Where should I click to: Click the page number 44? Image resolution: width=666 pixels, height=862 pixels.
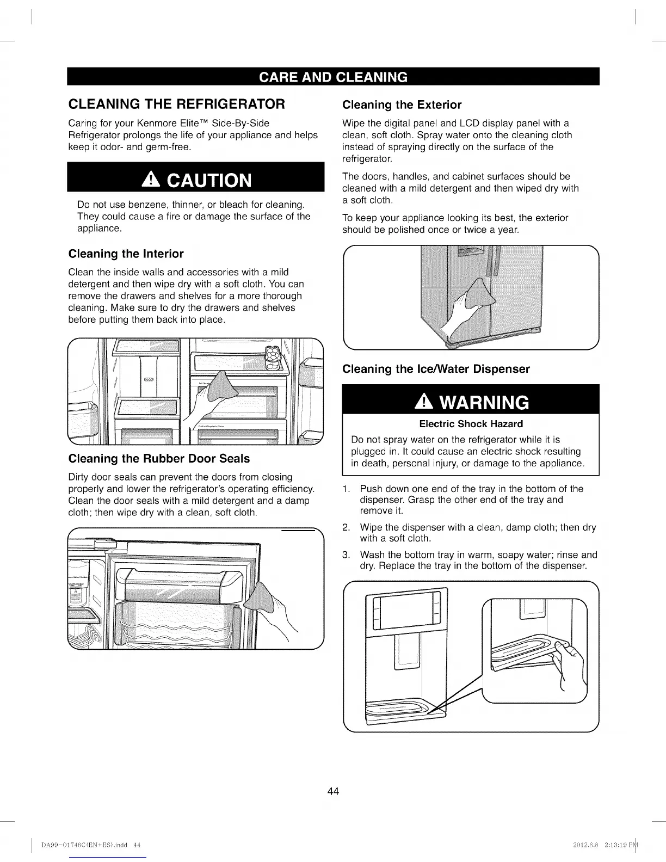[x=333, y=791]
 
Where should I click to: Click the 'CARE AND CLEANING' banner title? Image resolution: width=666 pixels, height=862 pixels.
[x=333, y=77]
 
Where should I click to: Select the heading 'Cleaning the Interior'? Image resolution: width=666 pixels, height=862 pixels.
[x=126, y=254]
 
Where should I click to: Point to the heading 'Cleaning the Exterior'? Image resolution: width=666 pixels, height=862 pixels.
[x=402, y=105]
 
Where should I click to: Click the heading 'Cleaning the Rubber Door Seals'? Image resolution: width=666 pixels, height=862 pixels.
[x=159, y=459]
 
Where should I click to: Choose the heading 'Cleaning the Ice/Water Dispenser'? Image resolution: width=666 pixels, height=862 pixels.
[x=436, y=370]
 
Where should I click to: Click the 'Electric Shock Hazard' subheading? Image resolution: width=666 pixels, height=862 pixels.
[x=471, y=424]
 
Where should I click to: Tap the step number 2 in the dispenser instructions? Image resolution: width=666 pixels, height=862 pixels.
[x=346, y=528]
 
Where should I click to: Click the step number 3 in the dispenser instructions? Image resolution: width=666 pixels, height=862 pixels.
[x=346, y=555]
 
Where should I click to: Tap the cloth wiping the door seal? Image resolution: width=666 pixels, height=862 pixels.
[x=261, y=599]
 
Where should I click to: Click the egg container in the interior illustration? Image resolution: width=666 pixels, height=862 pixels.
[x=272, y=356]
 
